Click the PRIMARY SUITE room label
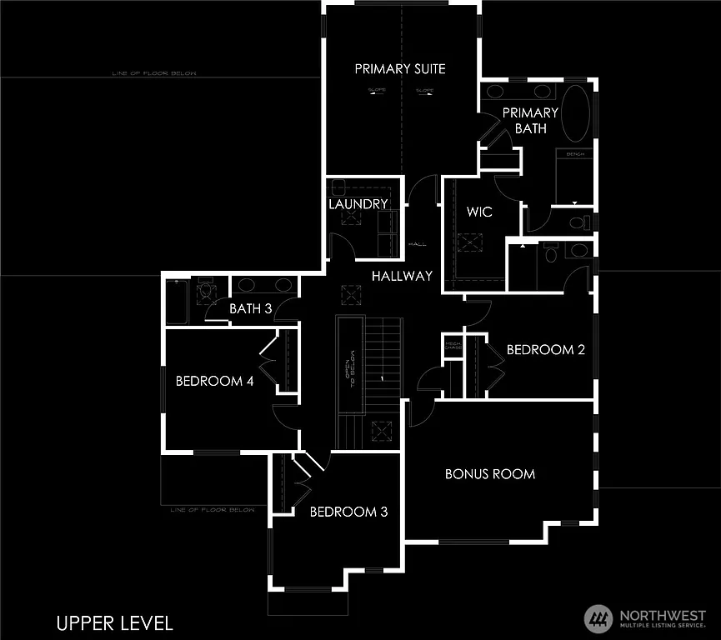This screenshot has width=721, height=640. click(x=400, y=68)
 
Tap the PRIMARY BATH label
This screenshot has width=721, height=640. click(x=530, y=120)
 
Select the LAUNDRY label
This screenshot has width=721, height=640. click(x=358, y=204)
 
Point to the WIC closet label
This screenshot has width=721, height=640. click(x=479, y=212)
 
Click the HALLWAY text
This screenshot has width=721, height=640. click(x=403, y=276)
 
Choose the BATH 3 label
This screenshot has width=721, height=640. click(x=251, y=309)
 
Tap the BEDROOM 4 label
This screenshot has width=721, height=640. click(x=214, y=382)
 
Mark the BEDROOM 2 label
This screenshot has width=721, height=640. click(x=546, y=350)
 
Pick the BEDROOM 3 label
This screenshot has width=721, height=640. click(x=348, y=512)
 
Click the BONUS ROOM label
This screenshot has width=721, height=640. click(x=490, y=474)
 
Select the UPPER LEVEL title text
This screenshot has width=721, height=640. click(x=115, y=622)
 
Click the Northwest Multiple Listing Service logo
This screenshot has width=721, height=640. click(x=644, y=618)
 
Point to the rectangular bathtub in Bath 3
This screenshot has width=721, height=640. click(x=178, y=302)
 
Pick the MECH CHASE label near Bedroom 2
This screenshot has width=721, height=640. click(x=453, y=345)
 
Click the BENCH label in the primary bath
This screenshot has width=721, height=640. click(x=575, y=154)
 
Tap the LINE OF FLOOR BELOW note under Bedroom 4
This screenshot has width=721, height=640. click(x=213, y=510)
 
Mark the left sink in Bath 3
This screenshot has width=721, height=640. click(x=247, y=285)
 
